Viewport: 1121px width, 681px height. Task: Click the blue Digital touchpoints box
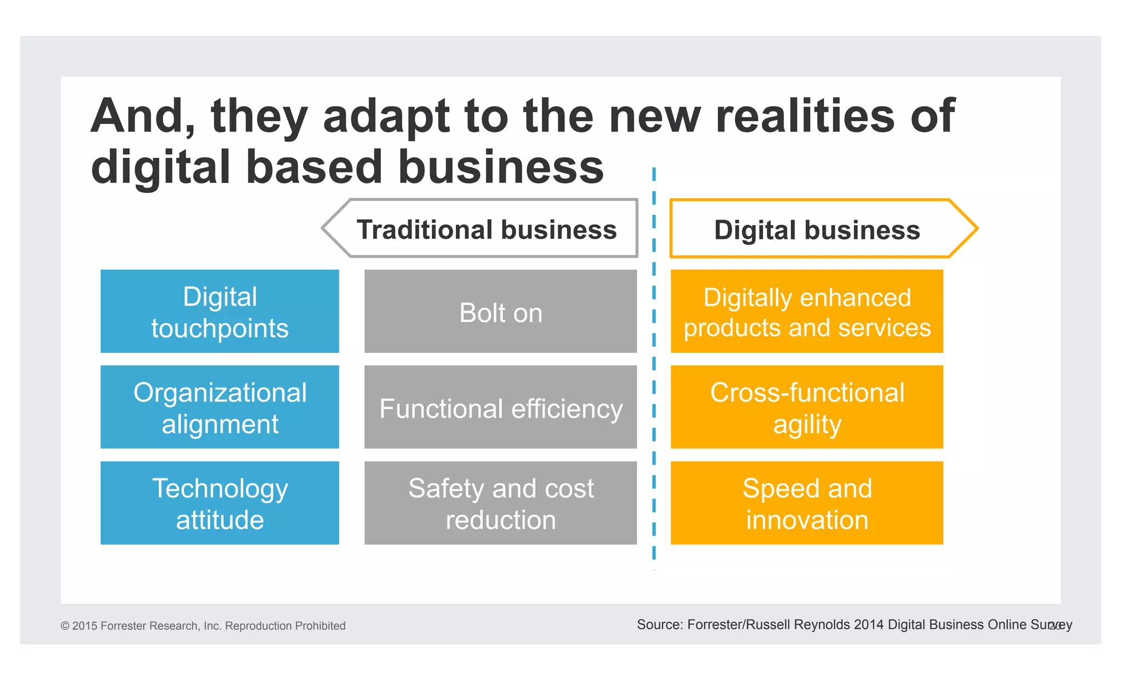pyautogui.click(x=219, y=311)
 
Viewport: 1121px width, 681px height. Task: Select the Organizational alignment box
pyautogui.click(x=219, y=407)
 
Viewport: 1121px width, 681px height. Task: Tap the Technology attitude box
pyautogui.click(x=219, y=503)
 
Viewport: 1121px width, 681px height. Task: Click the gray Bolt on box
pyautogui.click(x=500, y=311)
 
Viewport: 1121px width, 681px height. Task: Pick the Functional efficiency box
pyautogui.click(x=500, y=407)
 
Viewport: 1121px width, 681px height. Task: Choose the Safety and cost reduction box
pyautogui.click(x=500, y=503)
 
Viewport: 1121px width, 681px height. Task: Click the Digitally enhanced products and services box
pyautogui.click(x=807, y=311)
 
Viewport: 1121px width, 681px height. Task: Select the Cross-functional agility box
pyautogui.click(x=807, y=407)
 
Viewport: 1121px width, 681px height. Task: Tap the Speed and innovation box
pyautogui.click(x=807, y=503)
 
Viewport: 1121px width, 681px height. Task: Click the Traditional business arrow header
pyautogui.click(x=486, y=229)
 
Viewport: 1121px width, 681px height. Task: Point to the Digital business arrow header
pyautogui.click(x=817, y=229)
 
